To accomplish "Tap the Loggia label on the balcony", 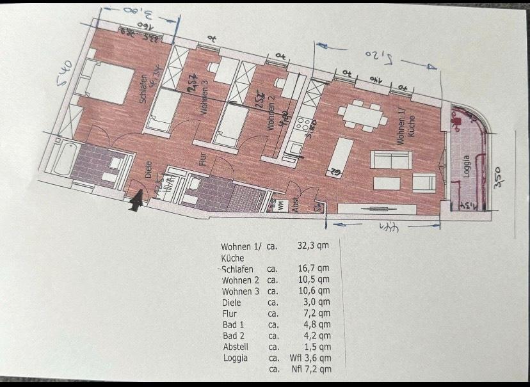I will [467, 168].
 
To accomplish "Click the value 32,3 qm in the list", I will [314, 246].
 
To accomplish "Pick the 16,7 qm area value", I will [314, 269].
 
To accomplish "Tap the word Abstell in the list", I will [235, 346].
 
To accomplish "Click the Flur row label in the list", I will [229, 313].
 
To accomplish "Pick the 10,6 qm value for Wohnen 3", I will [316, 291].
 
